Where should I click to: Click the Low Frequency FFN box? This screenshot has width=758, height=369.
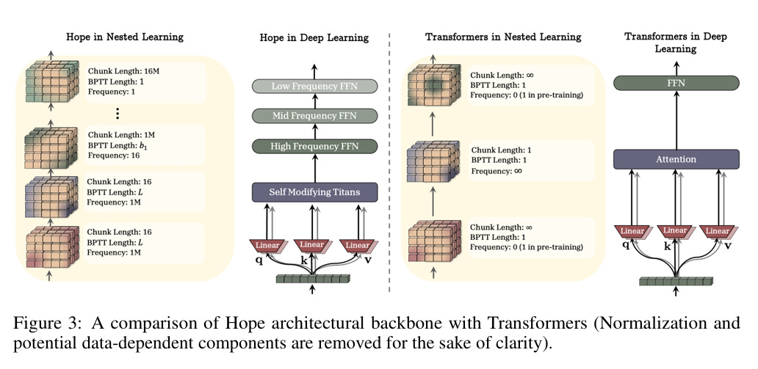(x=314, y=87)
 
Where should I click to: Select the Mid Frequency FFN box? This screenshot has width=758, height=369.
(x=314, y=115)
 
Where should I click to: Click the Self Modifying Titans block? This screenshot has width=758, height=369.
(x=314, y=192)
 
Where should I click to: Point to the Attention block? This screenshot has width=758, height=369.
(x=676, y=158)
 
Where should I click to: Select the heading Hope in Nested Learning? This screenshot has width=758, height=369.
(x=125, y=36)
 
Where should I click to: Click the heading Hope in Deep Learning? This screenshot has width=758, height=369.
(x=314, y=37)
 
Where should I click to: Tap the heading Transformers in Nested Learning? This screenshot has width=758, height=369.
(x=503, y=37)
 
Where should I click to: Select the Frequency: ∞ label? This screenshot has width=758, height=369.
(x=498, y=170)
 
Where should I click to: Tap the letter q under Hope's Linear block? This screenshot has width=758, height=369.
(x=259, y=259)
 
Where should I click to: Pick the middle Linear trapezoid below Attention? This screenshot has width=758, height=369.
(x=676, y=231)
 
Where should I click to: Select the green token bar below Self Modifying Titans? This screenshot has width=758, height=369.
(x=314, y=278)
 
